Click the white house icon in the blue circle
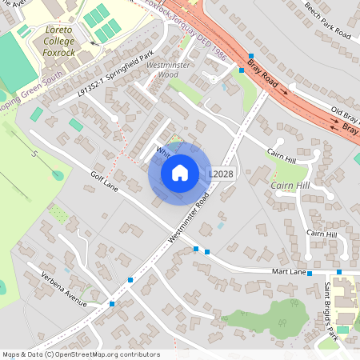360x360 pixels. pyautogui.click(x=180, y=172)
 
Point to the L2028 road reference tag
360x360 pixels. pyautogui.click(x=221, y=173)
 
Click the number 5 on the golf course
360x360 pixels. pyautogui.click(x=34, y=154)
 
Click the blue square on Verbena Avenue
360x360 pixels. pyautogui.click(x=112, y=304)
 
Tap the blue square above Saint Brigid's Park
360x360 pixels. pyautogui.click(x=339, y=273)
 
